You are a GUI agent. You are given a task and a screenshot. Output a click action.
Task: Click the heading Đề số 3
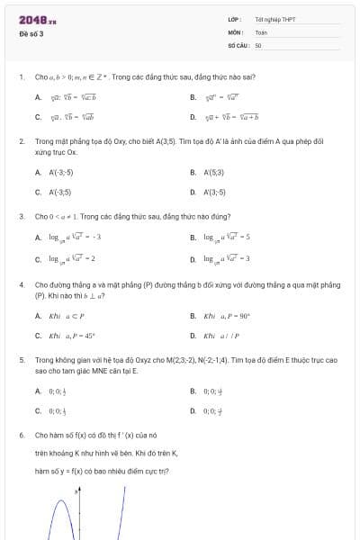coord(31,34)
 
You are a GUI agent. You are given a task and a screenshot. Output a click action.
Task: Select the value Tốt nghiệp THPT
coord(275,19)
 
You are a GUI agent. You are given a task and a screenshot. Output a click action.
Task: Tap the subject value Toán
coord(261,31)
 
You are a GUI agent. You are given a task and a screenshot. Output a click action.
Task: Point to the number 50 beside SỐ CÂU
coord(258,44)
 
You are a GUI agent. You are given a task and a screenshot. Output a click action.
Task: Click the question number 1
coord(21,76)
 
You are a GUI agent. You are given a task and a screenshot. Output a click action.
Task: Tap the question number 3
coord(21,216)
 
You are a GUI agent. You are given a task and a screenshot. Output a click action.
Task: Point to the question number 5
coord(21,359)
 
